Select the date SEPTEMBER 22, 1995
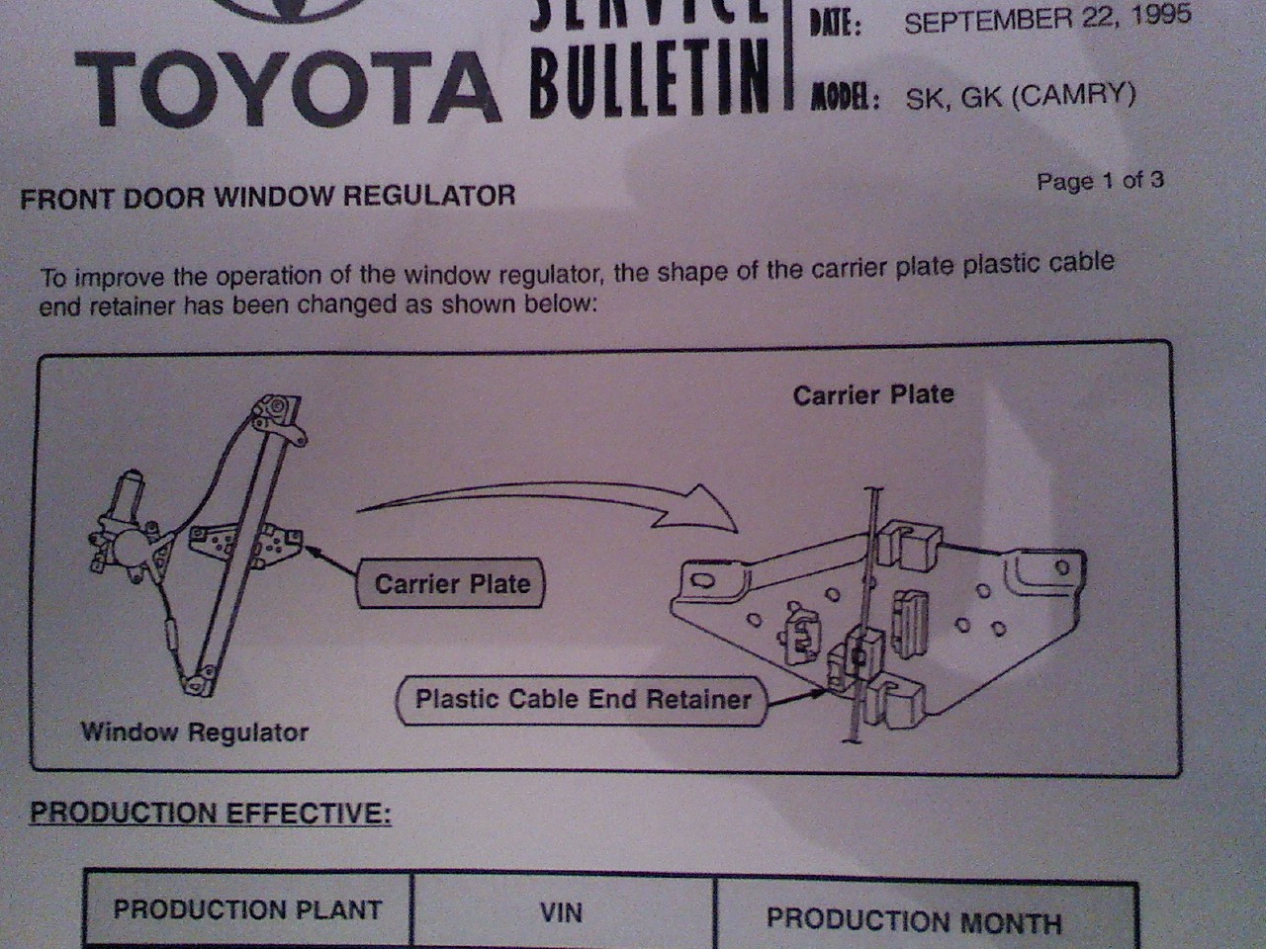[1047, 19]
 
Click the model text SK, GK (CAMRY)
[1021, 96]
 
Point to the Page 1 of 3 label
[1100, 181]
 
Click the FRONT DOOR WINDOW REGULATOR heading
[268, 197]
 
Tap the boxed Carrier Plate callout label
[450, 583]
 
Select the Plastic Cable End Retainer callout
[583, 700]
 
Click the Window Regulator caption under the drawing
[195, 732]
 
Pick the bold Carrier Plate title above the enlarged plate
[873, 395]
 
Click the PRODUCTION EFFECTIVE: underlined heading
[211, 813]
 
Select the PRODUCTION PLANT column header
[248, 909]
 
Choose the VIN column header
[561, 912]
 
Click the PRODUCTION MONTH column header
[914, 920]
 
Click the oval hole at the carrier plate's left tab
[703, 581]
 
